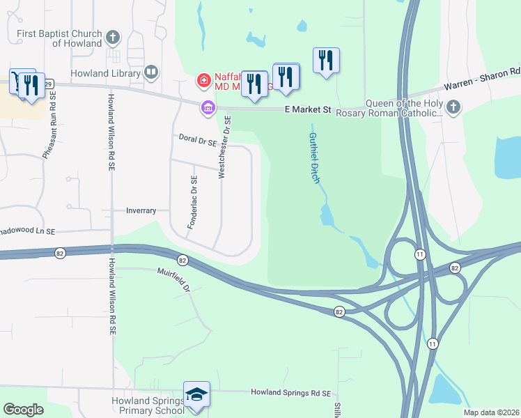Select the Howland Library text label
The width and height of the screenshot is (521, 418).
pos(104,72)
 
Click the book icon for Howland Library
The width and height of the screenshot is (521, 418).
pos(150,72)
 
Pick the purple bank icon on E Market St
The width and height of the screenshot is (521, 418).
pos(208,107)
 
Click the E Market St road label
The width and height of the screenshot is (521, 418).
pos(307,110)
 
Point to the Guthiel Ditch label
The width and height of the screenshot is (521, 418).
pos(313,157)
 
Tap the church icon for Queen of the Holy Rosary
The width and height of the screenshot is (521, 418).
pos(453,107)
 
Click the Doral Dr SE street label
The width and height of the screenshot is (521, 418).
pos(198,141)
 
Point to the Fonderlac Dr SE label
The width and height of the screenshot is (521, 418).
pos(194,203)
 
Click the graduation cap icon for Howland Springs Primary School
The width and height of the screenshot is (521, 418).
pos(196,395)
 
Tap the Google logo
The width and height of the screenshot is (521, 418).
pos(24,410)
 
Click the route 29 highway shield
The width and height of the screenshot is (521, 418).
pos(47,84)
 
